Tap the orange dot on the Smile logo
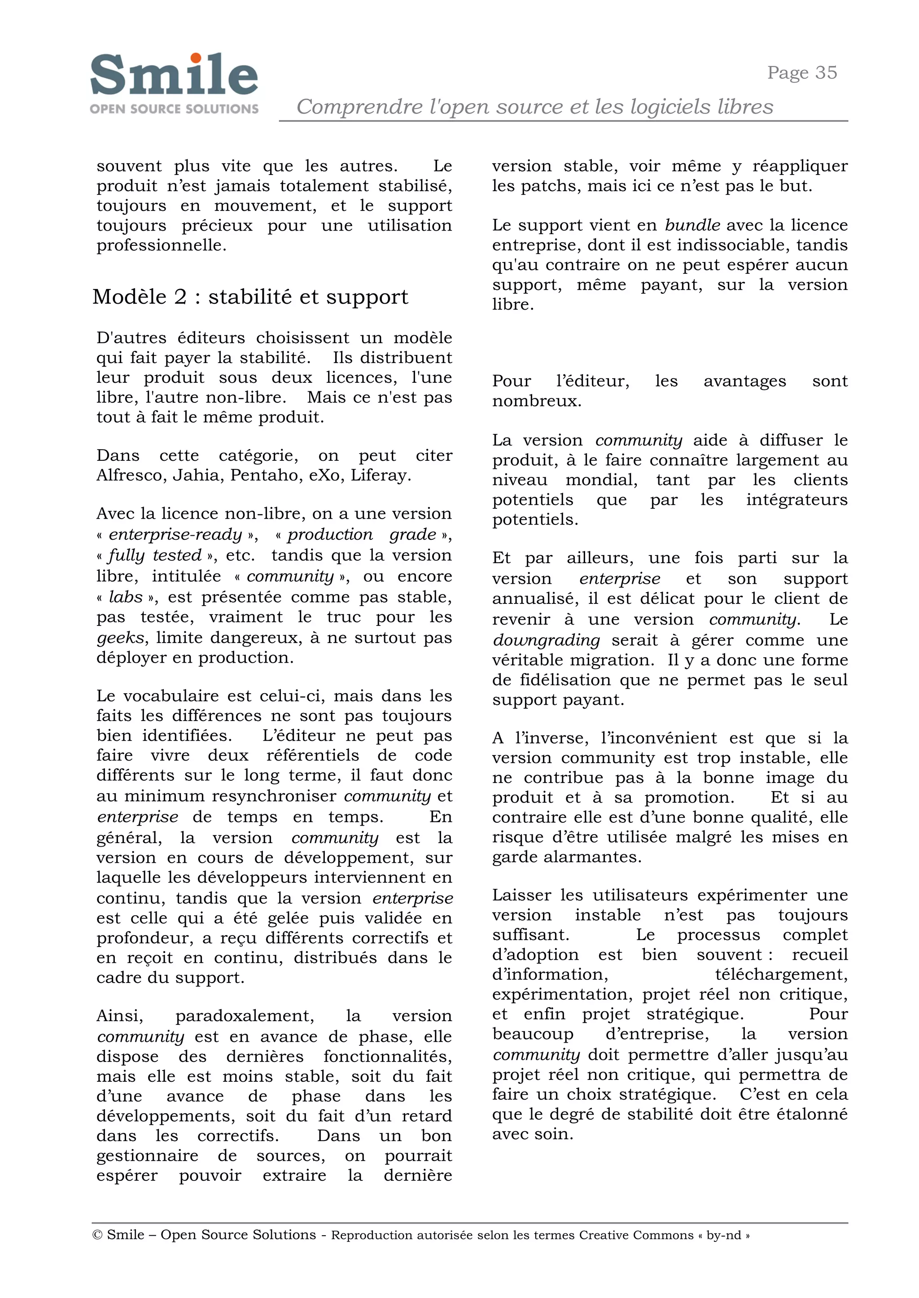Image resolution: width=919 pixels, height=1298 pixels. (x=196, y=58)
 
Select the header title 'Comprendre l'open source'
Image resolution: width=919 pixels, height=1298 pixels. (x=534, y=106)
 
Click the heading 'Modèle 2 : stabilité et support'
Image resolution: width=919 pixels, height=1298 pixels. (x=250, y=297)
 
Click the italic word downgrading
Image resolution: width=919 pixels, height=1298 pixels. (x=546, y=640)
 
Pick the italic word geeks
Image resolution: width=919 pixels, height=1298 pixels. (x=121, y=638)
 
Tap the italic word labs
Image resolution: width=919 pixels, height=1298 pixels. (x=126, y=597)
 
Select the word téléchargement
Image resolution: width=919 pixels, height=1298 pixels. (x=781, y=975)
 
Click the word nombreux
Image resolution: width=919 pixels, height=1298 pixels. (x=537, y=401)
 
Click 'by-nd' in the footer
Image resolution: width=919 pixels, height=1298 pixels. (x=723, y=1235)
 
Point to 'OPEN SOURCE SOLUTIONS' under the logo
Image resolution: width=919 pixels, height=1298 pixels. (x=174, y=109)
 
